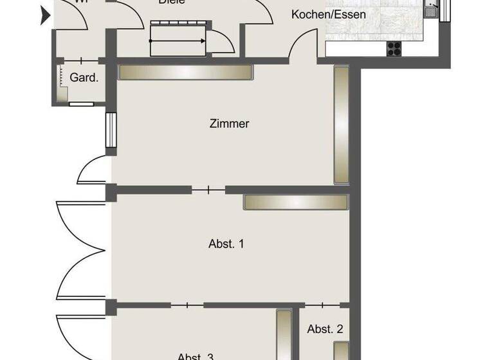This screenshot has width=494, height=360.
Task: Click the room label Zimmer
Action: [x=229, y=123]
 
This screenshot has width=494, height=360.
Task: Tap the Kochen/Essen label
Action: [x=329, y=14]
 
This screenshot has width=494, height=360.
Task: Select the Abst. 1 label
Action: [x=226, y=244]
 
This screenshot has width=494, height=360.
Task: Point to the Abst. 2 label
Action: [x=325, y=329]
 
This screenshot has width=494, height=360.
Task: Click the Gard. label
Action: [x=84, y=78]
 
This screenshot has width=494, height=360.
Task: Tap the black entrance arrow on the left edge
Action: [x=45, y=15]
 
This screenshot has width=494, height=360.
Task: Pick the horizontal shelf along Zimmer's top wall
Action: [x=185, y=72]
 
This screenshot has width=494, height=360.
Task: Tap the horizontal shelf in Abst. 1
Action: [x=295, y=202]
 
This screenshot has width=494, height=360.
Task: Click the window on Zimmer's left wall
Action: [x=110, y=133]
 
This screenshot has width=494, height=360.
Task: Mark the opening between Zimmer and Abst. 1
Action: [x=208, y=190]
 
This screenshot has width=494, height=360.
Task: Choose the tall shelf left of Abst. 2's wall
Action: [x=283, y=334]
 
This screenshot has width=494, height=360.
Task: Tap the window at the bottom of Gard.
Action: [x=81, y=103]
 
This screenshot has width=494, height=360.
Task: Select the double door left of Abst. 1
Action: [x=80, y=248]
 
